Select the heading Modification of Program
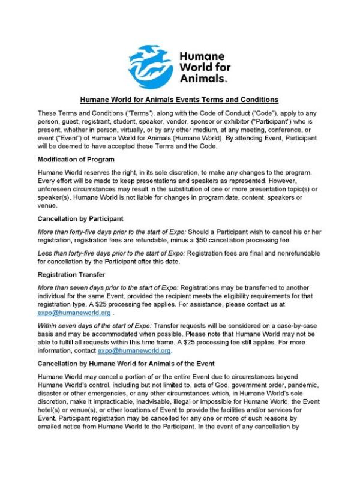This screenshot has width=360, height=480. (77, 159)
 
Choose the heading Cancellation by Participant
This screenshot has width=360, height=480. (80, 218)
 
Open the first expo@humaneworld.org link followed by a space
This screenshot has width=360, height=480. (74, 313)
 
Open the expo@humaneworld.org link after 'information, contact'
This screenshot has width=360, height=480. (134, 350)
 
